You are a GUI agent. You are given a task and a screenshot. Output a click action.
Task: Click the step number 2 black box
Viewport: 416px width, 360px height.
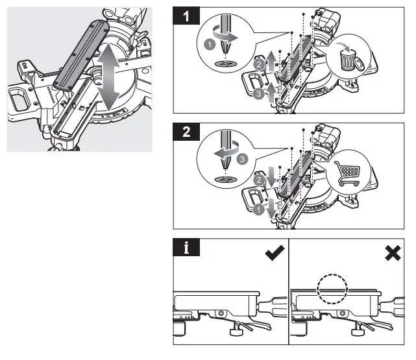188,134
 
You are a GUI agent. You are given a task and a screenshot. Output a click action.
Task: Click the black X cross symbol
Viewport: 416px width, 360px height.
393,254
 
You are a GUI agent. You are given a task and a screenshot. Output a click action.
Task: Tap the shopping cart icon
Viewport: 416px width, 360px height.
349,173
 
